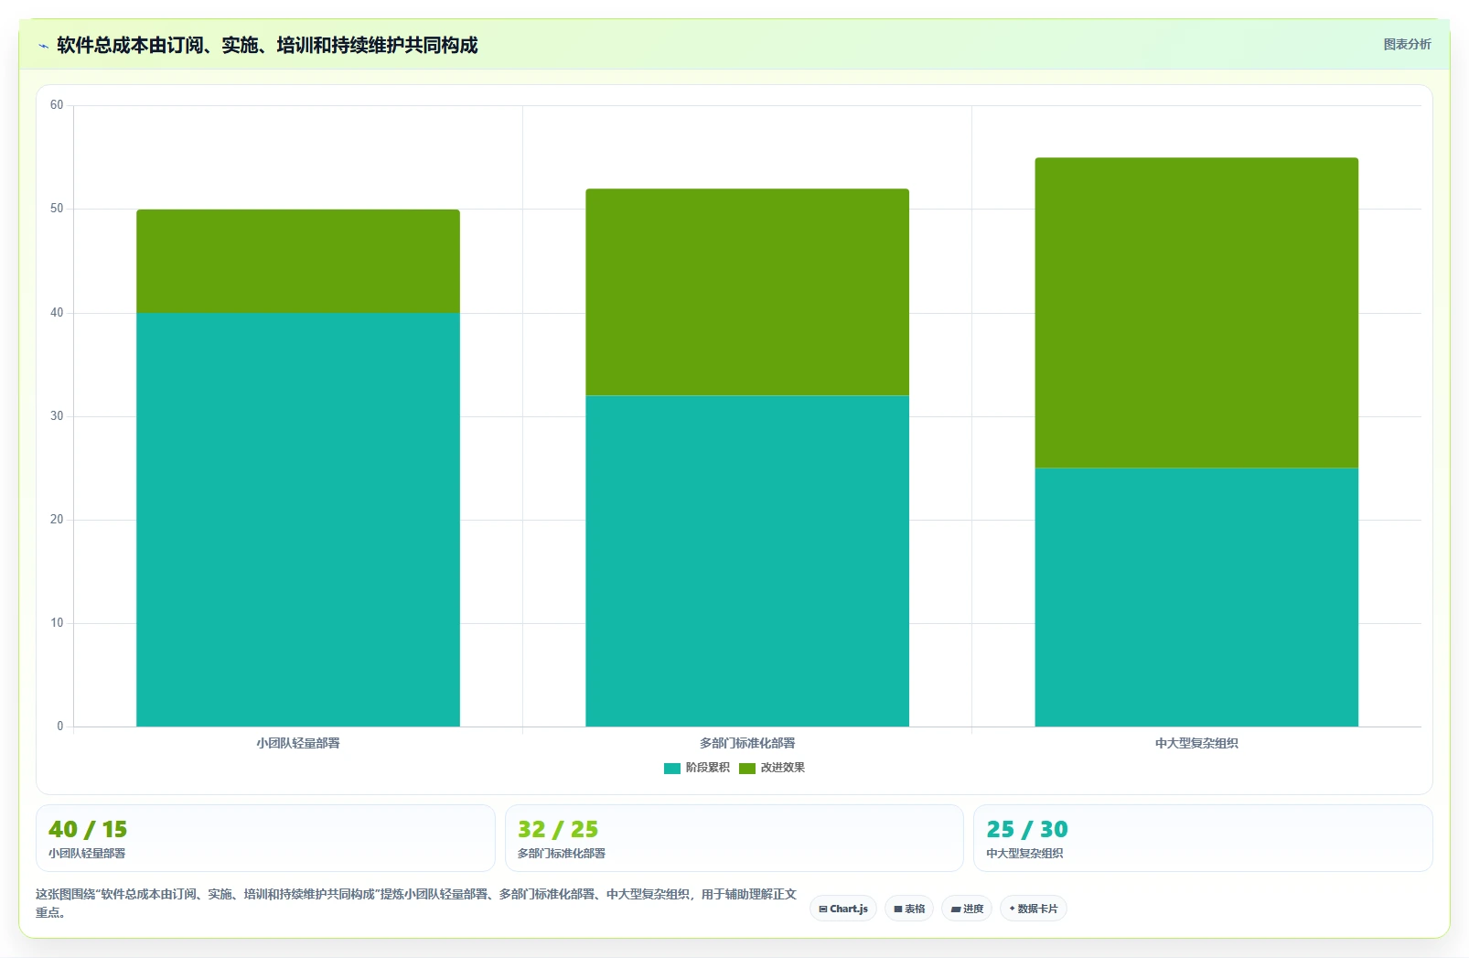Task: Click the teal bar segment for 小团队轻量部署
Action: (298, 519)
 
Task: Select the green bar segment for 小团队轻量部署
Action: (298, 261)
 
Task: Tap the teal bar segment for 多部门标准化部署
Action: (747, 561)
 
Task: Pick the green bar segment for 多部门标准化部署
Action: (747, 292)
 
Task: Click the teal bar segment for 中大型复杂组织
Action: (1196, 597)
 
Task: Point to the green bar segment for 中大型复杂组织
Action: (1196, 312)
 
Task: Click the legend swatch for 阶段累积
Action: (672, 769)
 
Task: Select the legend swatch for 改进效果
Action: (747, 769)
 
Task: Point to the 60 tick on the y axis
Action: (57, 105)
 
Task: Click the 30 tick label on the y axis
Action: (57, 416)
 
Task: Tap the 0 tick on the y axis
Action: (60, 726)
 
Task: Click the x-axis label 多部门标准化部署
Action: (747, 744)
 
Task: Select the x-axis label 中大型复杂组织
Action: (1196, 744)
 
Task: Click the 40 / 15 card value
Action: (88, 829)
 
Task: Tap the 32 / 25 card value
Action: (558, 829)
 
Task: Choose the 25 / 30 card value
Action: (1027, 829)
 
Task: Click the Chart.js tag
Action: (843, 909)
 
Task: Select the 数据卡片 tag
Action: (1034, 909)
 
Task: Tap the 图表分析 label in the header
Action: (1408, 45)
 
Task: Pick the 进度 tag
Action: (968, 909)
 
